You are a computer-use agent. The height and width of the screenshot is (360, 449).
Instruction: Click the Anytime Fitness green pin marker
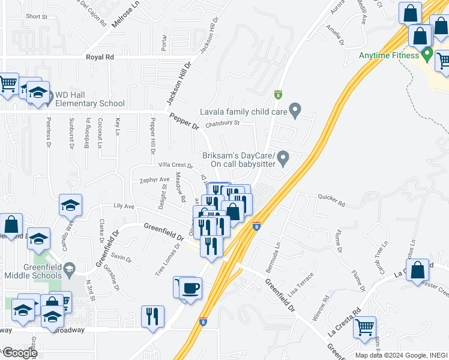[x=427, y=55]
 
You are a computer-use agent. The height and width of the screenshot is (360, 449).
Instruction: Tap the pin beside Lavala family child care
[x=295, y=110]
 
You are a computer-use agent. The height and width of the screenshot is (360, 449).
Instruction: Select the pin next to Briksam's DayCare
[x=285, y=158]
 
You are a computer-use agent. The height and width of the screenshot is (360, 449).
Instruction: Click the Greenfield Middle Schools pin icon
[x=70, y=268]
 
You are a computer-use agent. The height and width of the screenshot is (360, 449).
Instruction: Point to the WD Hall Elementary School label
[x=90, y=99]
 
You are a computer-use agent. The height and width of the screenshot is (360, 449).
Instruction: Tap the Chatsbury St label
[x=222, y=124]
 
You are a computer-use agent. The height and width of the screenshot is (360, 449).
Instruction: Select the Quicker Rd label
[x=331, y=200]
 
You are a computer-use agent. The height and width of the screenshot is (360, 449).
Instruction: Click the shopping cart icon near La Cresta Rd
[x=364, y=327]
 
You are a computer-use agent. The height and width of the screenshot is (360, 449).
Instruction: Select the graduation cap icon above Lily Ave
[x=70, y=205]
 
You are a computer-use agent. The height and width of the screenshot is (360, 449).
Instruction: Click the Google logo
[x=20, y=353]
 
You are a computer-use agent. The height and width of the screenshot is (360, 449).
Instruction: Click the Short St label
[x=37, y=17]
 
